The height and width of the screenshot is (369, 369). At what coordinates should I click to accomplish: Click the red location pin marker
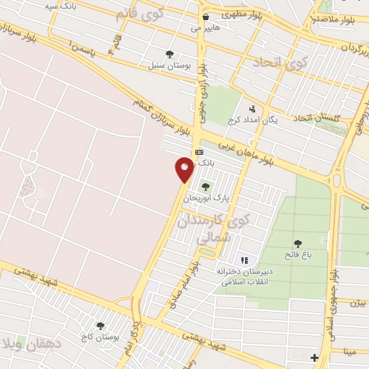click(185, 169)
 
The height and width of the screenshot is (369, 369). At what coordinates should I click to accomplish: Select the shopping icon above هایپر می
click(205, 17)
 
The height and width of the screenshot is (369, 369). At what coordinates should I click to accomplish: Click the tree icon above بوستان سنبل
click(169, 53)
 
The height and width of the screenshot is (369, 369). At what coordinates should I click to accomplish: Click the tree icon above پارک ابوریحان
click(215, 187)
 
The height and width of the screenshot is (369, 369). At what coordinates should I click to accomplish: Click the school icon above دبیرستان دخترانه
click(244, 259)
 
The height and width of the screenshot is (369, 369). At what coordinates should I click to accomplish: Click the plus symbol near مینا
click(314, 357)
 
